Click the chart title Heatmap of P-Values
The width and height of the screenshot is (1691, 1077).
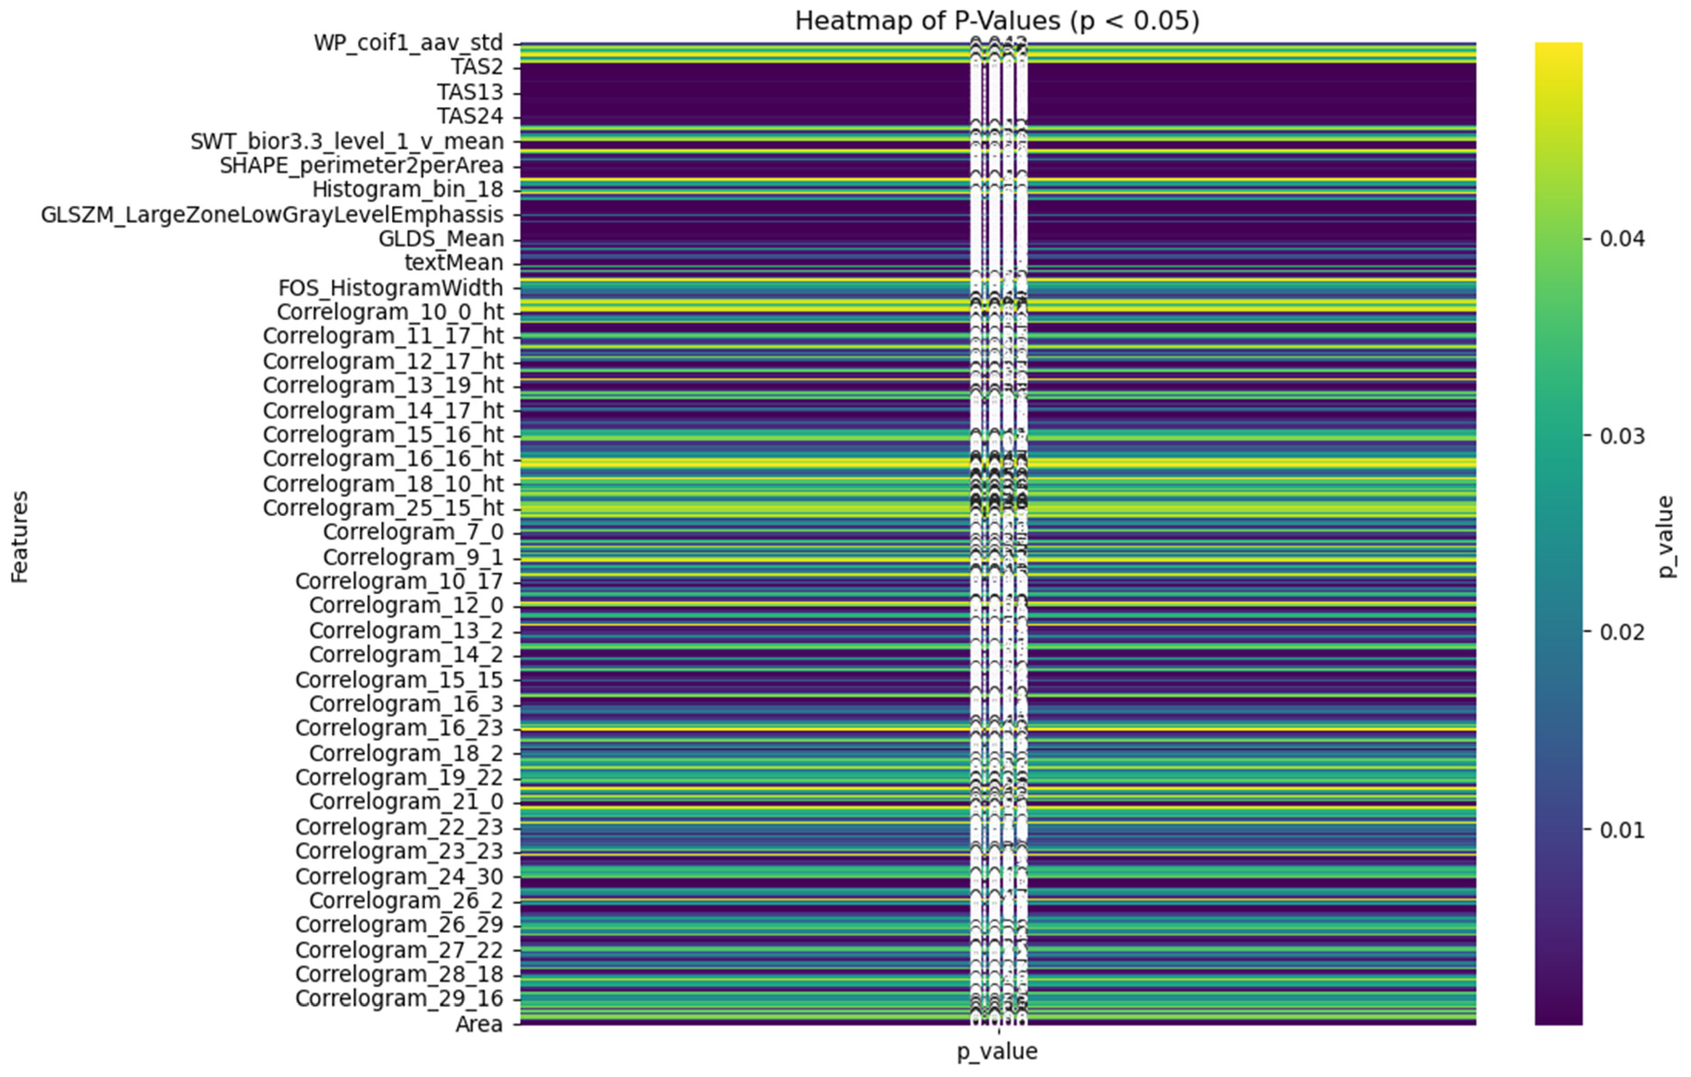(x=997, y=21)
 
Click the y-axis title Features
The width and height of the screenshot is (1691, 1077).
(x=20, y=537)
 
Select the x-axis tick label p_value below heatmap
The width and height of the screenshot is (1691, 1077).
(x=997, y=1051)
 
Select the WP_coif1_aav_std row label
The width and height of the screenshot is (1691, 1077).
(x=408, y=44)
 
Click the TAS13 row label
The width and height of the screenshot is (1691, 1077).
(x=470, y=93)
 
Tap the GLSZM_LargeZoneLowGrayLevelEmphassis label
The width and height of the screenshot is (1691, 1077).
(x=272, y=215)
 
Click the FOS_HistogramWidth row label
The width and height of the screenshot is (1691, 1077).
(x=391, y=288)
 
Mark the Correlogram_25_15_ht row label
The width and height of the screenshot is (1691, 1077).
(x=383, y=507)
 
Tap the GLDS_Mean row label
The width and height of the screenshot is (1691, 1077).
(x=441, y=239)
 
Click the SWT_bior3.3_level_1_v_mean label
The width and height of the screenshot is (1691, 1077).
(x=347, y=142)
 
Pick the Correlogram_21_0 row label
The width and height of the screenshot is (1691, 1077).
(x=406, y=802)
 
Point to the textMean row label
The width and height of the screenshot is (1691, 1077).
(x=454, y=263)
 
